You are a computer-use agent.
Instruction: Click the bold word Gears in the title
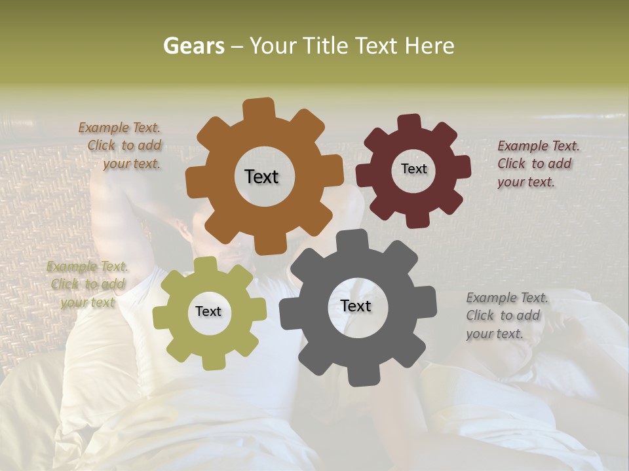[193, 46]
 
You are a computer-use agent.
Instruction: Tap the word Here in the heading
[429, 46]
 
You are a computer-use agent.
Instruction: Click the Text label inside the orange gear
[261, 177]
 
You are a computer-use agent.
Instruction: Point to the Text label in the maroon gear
[413, 169]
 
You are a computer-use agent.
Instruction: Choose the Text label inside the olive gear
[208, 312]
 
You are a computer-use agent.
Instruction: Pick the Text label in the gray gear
[356, 306]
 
